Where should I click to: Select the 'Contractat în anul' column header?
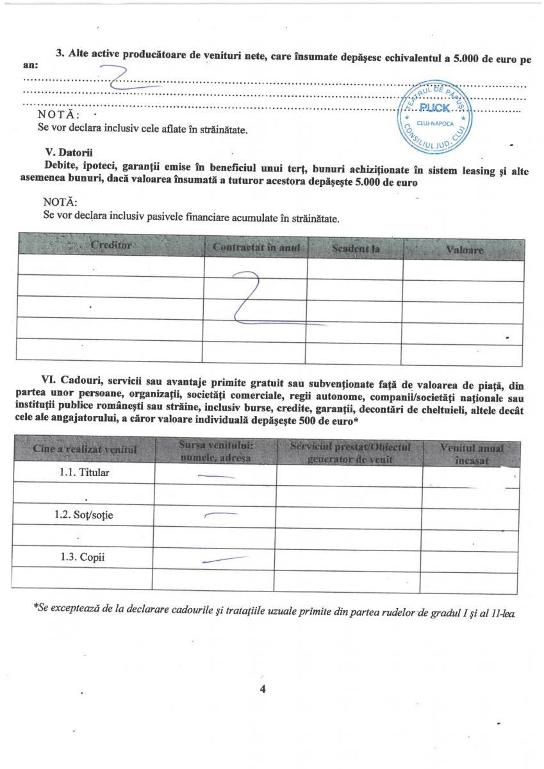click(256, 247)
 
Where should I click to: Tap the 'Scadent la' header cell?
click(354, 247)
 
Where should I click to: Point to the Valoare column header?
click(465, 249)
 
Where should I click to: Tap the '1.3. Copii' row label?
click(83, 557)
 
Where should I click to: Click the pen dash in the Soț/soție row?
click(220, 515)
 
